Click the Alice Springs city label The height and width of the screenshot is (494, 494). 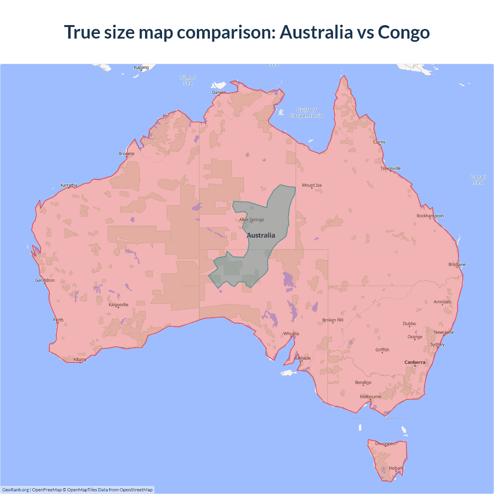click(252, 220)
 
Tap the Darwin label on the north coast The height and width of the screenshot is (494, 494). click(219, 92)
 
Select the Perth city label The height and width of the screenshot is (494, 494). click(58, 320)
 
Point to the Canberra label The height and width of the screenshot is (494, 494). click(415, 362)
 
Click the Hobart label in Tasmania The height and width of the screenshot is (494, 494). click(396, 468)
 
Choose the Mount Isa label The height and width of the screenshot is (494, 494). click(312, 185)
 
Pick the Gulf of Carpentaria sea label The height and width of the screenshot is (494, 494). click(306, 113)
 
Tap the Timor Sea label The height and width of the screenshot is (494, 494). click(188, 80)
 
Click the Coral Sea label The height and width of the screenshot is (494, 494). click(478, 180)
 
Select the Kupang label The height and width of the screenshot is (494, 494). click(141, 67)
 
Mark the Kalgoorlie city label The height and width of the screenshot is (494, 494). click(118, 305)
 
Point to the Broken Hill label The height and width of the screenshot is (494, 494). click(333, 320)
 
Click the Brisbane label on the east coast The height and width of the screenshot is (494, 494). click(457, 264)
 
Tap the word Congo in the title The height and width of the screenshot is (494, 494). click(404, 32)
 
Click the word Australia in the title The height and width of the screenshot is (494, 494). click(316, 32)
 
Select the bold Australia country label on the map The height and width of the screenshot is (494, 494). click(261, 235)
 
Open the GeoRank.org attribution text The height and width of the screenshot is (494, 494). click(15, 490)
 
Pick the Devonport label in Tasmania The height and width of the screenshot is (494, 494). click(386, 443)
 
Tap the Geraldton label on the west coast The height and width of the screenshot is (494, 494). click(45, 280)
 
